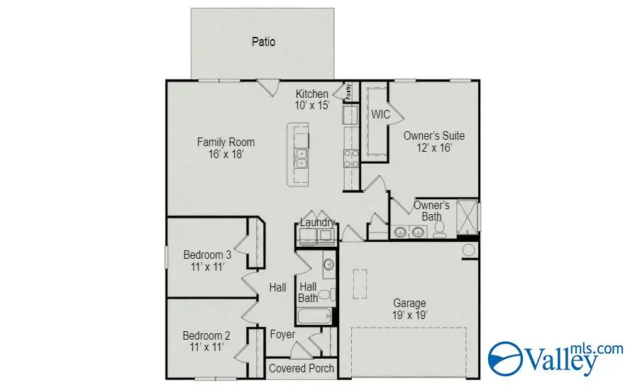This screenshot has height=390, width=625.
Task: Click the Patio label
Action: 263,42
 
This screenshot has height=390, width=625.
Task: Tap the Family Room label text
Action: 226,147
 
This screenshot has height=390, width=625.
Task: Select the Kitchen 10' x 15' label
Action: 312,99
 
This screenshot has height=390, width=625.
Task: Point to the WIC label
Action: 380,114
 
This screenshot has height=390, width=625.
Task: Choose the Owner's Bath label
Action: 431,211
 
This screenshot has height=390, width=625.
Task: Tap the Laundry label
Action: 317,223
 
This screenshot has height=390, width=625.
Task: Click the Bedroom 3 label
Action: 207,261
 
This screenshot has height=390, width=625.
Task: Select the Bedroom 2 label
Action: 206,341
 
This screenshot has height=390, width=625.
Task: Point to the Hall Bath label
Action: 308,292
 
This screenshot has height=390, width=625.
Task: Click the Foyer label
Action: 282,335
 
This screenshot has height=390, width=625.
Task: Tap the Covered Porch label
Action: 301,368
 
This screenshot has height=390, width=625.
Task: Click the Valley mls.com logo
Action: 556,358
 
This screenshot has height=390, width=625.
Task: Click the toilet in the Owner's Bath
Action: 439,228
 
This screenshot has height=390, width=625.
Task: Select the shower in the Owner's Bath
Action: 468,216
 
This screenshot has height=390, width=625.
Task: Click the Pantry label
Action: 348,91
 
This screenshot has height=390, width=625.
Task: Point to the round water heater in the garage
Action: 469,250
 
